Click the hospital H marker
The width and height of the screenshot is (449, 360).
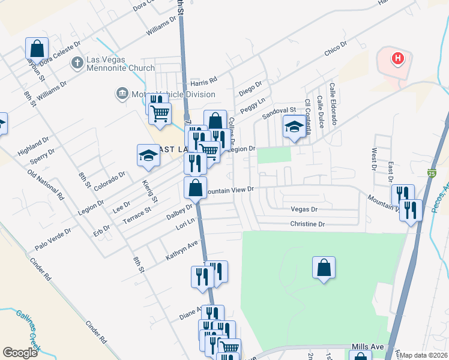(x=397, y=58)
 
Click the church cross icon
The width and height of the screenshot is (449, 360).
(x=77, y=62)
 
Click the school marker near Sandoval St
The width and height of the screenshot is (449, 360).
(x=294, y=127)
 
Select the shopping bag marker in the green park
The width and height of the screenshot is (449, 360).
(x=324, y=267)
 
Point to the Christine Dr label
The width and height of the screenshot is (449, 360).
(x=307, y=224)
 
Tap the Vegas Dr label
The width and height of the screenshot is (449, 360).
(x=303, y=209)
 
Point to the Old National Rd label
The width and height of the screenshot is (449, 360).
(x=46, y=184)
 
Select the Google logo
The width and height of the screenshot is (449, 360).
(x=20, y=353)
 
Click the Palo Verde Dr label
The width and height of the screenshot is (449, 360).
(x=53, y=239)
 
